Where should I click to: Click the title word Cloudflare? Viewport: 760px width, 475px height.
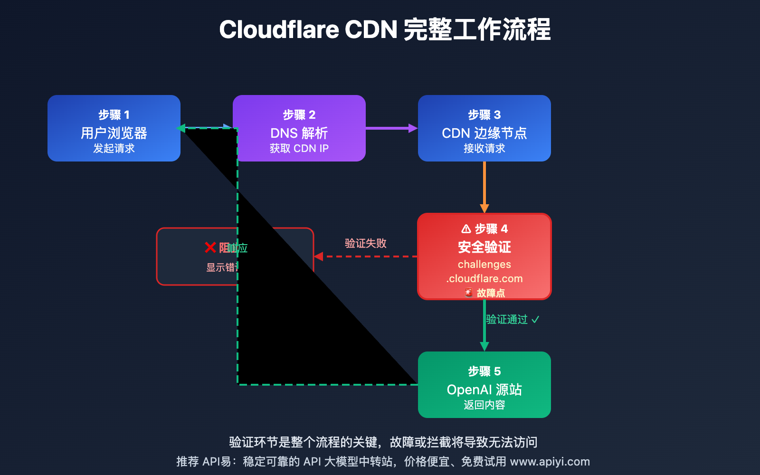[279, 29]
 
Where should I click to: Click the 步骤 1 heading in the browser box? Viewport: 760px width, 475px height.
[114, 115]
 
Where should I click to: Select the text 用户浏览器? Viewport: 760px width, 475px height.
[114, 133]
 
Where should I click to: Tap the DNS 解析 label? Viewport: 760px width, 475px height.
[299, 133]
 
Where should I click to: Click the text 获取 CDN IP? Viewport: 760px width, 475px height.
[299, 148]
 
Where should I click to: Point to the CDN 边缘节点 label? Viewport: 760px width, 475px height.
[484, 133]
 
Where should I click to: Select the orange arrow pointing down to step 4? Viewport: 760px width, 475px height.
[484, 188]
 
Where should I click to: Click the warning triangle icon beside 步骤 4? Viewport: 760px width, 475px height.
[466, 229]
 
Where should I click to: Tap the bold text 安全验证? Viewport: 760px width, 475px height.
[484, 247]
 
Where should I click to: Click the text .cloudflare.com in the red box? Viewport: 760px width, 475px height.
[484, 279]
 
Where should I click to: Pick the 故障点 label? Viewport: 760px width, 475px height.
[490, 293]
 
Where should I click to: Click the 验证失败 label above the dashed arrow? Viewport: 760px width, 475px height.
[365, 243]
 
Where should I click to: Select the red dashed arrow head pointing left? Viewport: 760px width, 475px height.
[318, 256]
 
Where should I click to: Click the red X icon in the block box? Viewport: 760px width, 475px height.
[210, 247]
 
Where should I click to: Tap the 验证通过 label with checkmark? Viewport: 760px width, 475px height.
[512, 319]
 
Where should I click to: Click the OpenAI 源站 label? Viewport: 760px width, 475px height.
[484, 389]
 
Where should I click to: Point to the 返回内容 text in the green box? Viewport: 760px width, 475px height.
[484, 405]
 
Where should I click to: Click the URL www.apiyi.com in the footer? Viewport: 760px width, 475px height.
[550, 462]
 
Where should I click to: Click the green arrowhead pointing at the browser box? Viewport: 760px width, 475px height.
[181, 128]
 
